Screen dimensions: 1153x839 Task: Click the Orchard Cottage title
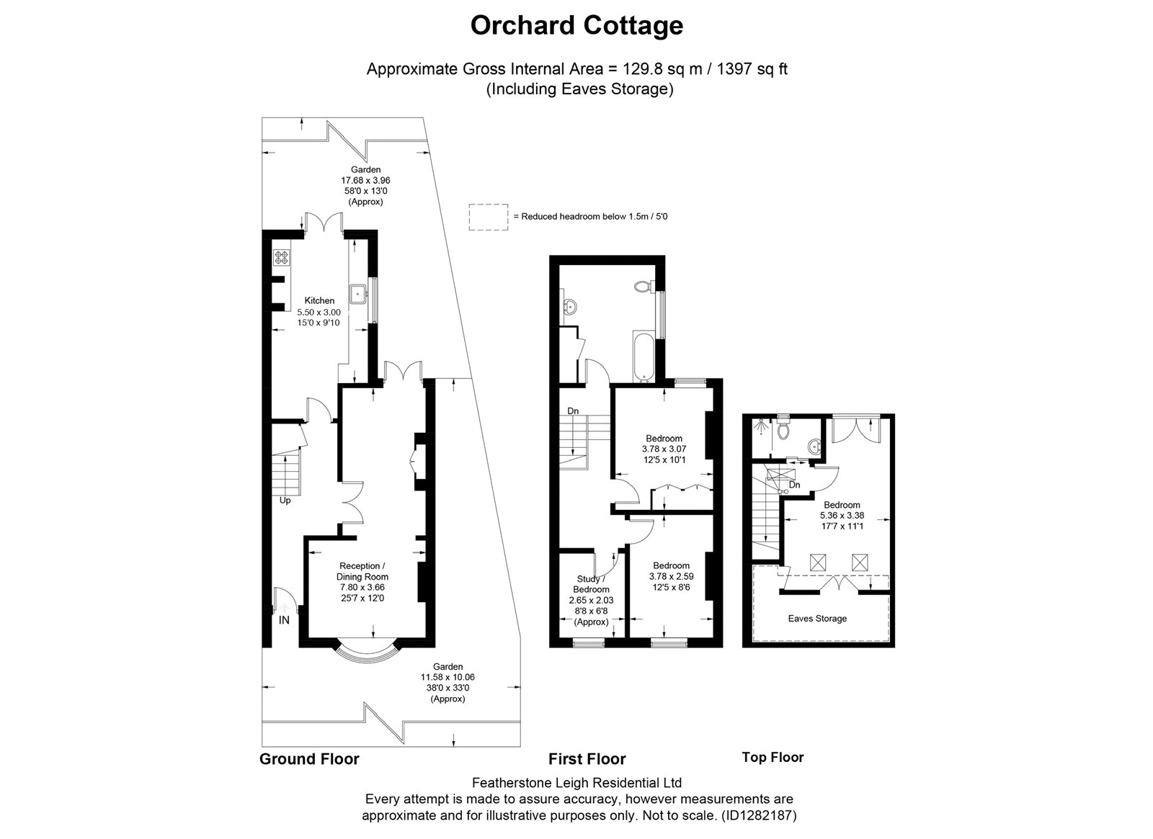click(576, 26)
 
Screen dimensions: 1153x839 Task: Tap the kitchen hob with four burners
click(282, 257)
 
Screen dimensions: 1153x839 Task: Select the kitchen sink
click(357, 295)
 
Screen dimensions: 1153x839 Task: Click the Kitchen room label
click(319, 300)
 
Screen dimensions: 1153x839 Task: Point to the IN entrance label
click(284, 620)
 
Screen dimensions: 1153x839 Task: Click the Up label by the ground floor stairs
click(285, 501)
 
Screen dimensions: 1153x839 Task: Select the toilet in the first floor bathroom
click(644, 286)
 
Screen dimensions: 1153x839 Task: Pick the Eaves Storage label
click(817, 619)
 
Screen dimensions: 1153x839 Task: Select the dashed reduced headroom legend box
click(489, 217)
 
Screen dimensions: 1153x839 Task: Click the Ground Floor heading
click(309, 759)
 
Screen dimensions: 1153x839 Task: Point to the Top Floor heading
click(773, 757)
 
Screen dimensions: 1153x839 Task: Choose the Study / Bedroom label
click(591, 584)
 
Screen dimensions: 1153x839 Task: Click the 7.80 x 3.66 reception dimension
click(362, 587)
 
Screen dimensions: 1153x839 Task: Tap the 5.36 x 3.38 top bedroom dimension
click(842, 516)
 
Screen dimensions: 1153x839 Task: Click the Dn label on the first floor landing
click(573, 411)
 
